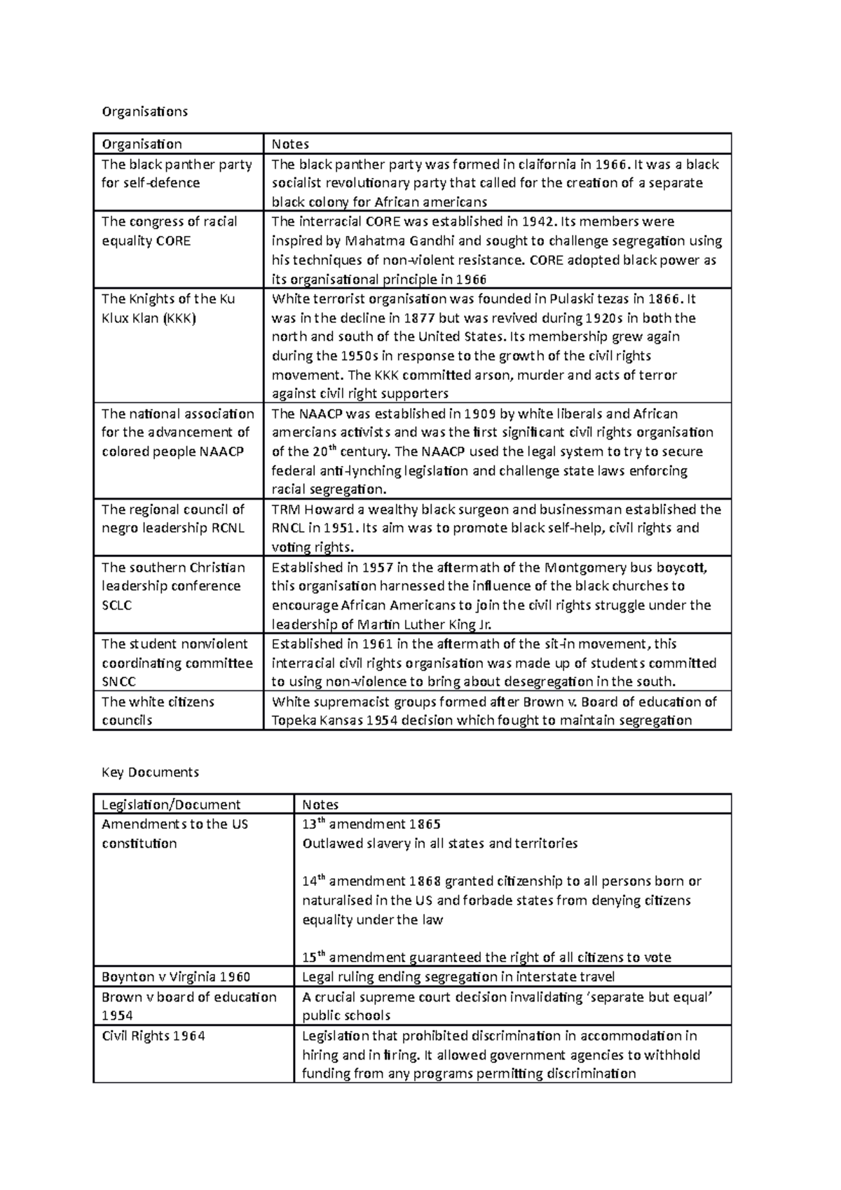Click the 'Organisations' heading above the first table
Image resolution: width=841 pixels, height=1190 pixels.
point(145,111)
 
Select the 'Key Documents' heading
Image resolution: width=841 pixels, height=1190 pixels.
point(150,772)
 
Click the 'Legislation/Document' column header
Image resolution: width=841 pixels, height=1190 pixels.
point(171,805)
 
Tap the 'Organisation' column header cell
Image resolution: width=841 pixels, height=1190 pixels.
point(142,144)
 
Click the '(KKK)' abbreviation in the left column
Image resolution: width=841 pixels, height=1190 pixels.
point(180,318)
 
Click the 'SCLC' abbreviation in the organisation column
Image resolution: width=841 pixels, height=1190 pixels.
point(116,606)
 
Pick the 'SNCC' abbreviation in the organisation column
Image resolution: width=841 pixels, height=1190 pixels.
point(118,682)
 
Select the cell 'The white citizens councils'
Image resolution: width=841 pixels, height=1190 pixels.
point(158,711)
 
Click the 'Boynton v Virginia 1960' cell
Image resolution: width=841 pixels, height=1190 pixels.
point(176,977)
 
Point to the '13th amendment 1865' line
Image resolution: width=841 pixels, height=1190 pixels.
point(371,824)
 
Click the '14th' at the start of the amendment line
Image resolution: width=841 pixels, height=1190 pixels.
point(313,881)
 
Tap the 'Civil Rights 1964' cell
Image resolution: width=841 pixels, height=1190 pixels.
point(153,1036)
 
